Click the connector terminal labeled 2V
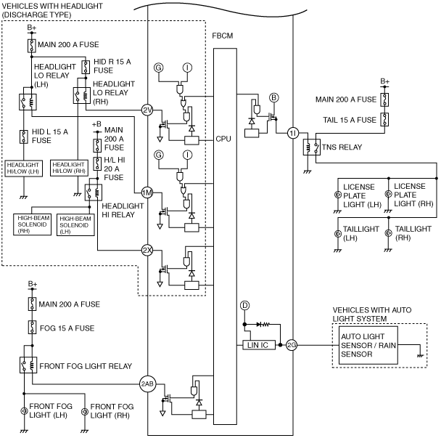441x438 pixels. click(x=147, y=110)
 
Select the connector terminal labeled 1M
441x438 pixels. click(x=147, y=193)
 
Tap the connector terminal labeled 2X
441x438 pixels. click(x=147, y=250)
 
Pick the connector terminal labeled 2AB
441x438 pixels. click(x=148, y=384)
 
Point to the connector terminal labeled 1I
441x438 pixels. click(x=293, y=133)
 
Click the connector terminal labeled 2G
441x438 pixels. click(x=292, y=345)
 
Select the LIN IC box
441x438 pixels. click(x=259, y=345)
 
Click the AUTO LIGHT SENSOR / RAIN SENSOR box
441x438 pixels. click(x=368, y=345)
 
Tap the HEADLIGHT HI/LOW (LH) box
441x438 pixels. click(x=24, y=169)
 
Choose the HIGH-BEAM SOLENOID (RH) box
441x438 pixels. click(x=33, y=224)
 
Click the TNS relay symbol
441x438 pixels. click(x=312, y=147)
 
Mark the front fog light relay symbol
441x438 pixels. click(x=28, y=365)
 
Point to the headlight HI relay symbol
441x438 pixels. click(x=94, y=192)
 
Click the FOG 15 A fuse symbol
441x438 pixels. click(x=33, y=328)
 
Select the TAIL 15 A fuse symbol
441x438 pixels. click(x=384, y=119)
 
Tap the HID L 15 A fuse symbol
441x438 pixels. click(x=24, y=137)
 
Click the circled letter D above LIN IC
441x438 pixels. click(x=244, y=306)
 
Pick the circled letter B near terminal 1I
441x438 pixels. click(x=273, y=98)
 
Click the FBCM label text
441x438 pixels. click(x=223, y=36)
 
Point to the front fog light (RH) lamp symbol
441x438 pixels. click(x=85, y=412)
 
